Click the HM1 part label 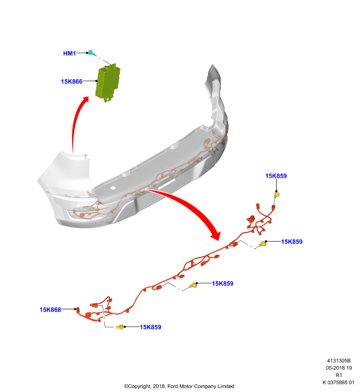(69, 53)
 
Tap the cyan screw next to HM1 (92, 53)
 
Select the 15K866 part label (72, 81)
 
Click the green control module (108, 82)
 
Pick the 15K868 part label (51, 310)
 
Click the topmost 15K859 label (276, 176)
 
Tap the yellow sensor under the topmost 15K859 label (277, 195)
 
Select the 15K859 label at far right (292, 242)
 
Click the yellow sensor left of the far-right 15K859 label (262, 244)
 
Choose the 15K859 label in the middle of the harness (223, 284)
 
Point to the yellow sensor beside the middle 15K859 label (193, 285)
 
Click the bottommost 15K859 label (151, 327)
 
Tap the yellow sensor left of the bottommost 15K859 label (120, 327)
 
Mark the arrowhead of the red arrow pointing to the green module (85, 99)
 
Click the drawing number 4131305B (339, 361)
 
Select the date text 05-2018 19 (339, 368)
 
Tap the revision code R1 (339, 375)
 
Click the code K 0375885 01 (338, 383)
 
